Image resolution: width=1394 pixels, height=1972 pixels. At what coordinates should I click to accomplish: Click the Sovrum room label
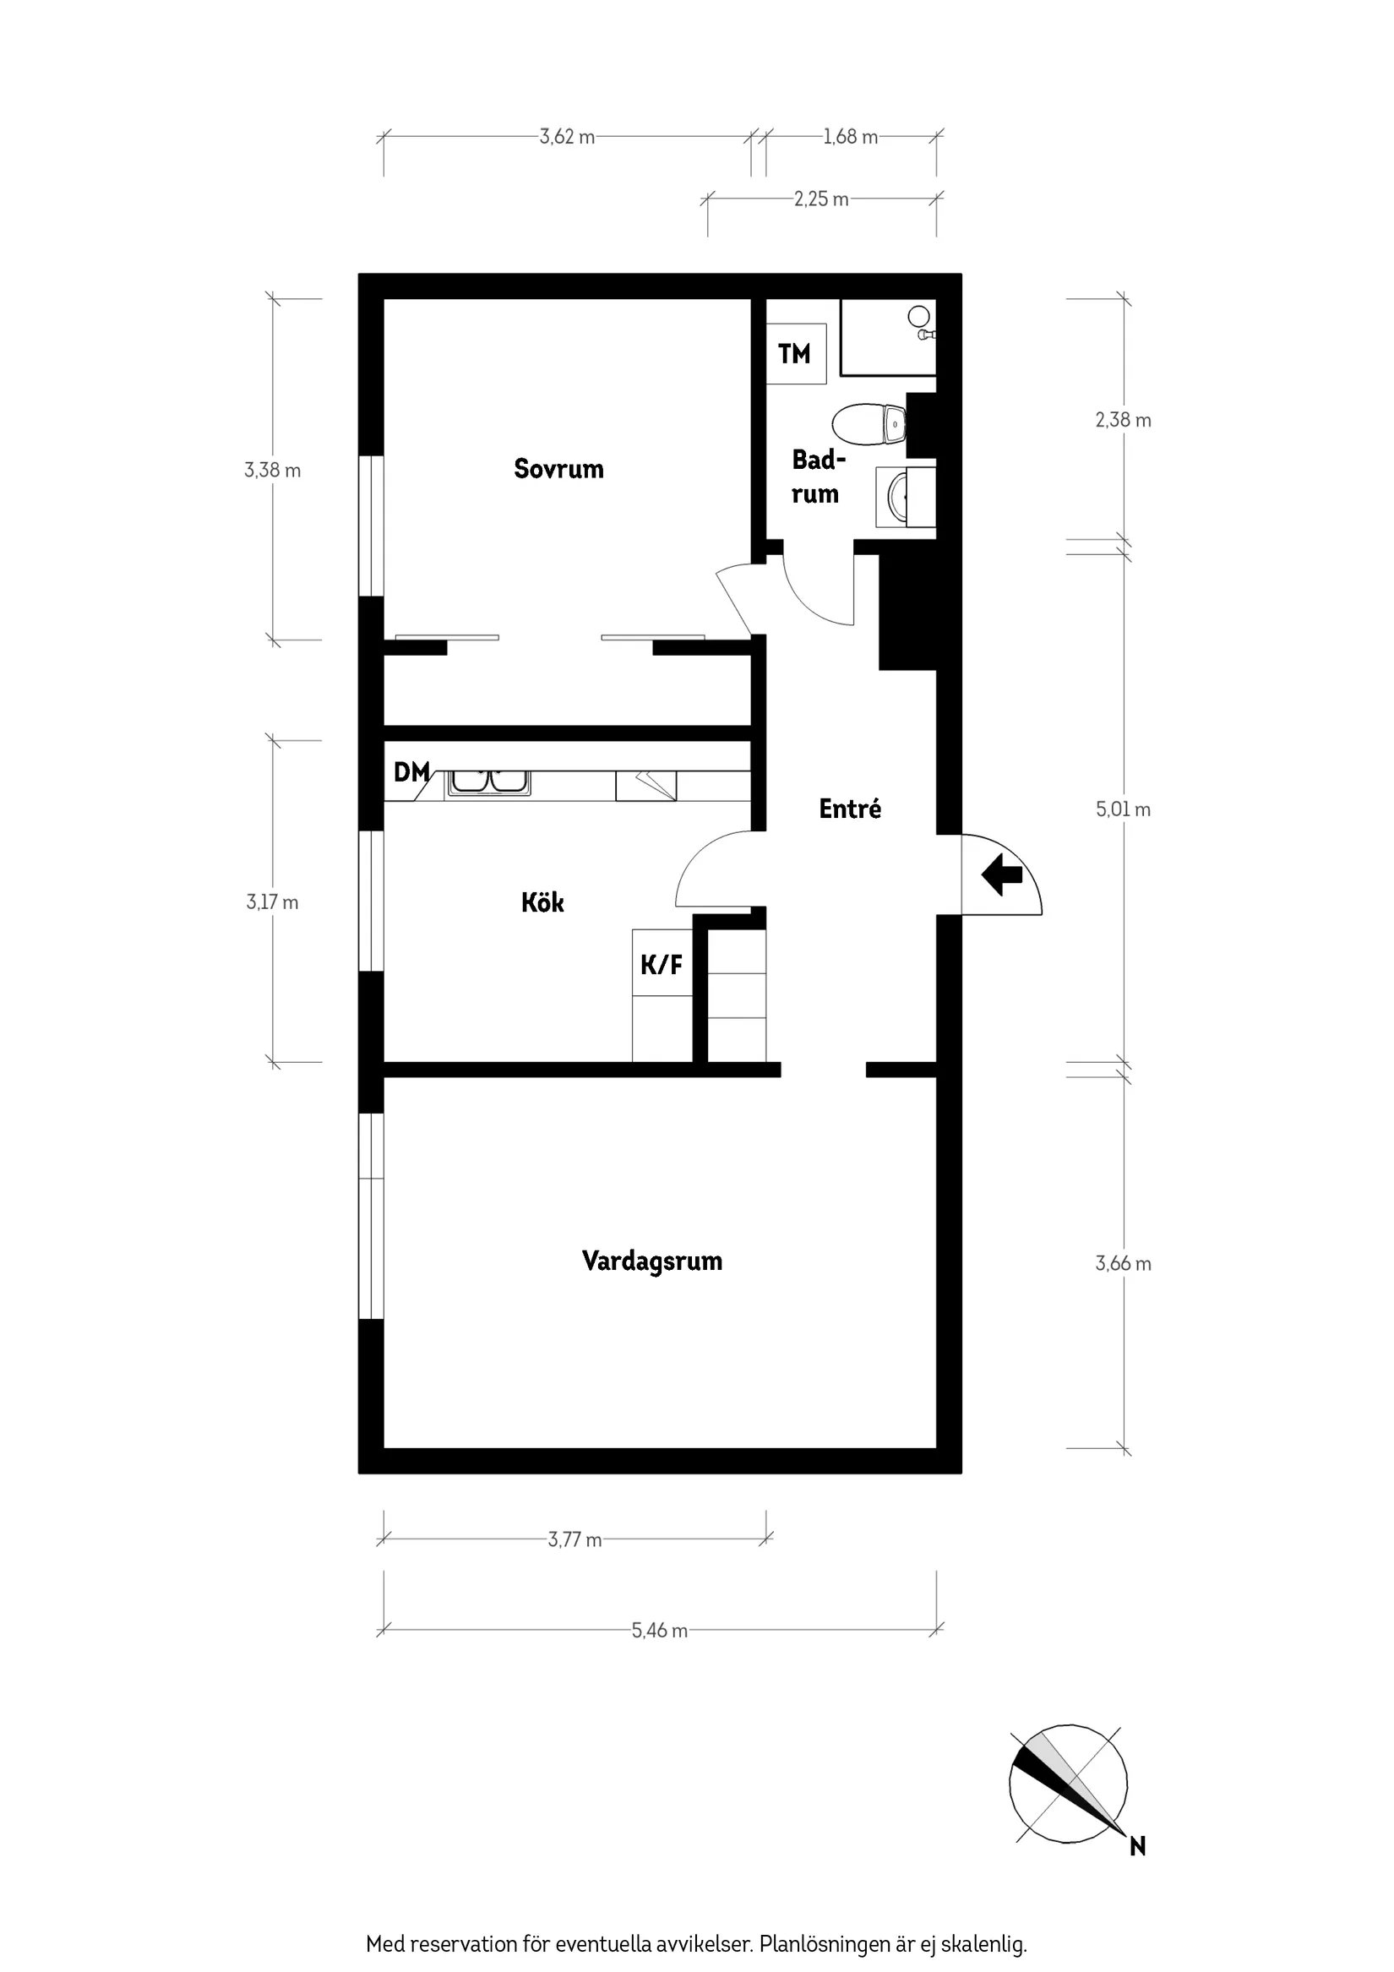(558, 469)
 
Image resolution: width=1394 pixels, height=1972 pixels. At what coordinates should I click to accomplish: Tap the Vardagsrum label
(652, 1261)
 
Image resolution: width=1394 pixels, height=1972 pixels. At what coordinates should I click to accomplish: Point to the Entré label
(849, 809)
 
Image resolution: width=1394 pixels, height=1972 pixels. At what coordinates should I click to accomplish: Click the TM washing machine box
(795, 354)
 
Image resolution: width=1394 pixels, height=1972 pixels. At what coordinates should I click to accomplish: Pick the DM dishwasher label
(411, 772)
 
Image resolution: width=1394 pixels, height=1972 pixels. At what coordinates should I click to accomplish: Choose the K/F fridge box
(662, 964)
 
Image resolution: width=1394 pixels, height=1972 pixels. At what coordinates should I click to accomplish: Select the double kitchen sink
(487, 782)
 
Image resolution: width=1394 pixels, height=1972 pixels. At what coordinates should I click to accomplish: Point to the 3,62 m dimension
(567, 137)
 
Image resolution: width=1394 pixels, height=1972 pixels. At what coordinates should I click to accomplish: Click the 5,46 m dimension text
(660, 1630)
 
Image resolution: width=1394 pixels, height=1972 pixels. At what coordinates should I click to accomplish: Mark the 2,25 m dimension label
(821, 199)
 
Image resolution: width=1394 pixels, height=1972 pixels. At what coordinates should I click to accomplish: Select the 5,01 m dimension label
(1123, 809)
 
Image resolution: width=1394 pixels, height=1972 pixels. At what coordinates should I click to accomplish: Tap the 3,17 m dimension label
(272, 902)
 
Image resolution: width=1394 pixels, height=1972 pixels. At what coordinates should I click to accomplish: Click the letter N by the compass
(1137, 1847)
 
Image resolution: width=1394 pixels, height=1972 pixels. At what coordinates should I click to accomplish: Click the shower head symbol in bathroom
(920, 317)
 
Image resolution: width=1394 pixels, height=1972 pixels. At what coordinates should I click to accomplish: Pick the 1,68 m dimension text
(850, 137)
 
